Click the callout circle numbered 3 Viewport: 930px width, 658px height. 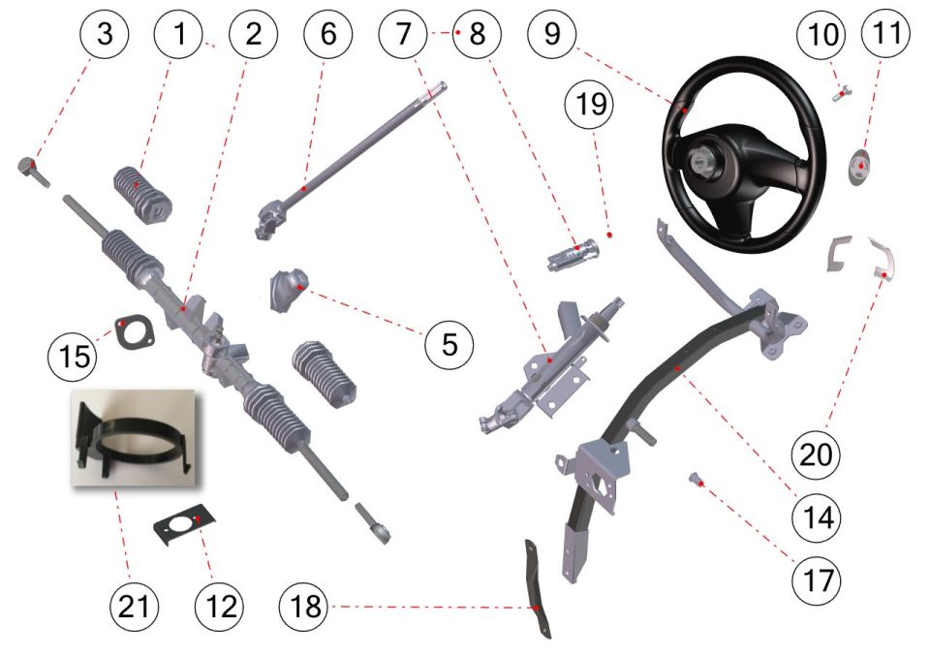pyautogui.click(x=105, y=33)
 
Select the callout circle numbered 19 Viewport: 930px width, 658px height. pyautogui.click(x=590, y=104)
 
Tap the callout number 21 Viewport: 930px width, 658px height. pyautogui.click(x=135, y=607)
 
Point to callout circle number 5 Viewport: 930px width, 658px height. pyautogui.click(x=449, y=344)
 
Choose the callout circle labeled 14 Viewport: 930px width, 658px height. pyautogui.click(x=817, y=517)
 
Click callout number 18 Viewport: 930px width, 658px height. pyautogui.click(x=304, y=607)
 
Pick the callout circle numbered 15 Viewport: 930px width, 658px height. pyautogui.click(x=73, y=356)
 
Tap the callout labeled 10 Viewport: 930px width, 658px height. pyautogui.click(x=822, y=33)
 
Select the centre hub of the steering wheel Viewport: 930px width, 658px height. pyautogui.click(x=698, y=160)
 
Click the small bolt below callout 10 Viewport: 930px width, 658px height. pyautogui.click(x=842, y=94)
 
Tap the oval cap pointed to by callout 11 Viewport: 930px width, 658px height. pyautogui.click(x=859, y=168)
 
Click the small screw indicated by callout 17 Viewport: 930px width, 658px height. pyautogui.click(x=696, y=478)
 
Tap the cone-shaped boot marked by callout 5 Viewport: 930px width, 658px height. pyautogui.click(x=289, y=289)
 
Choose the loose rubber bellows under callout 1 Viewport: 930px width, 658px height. pyautogui.click(x=142, y=195)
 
